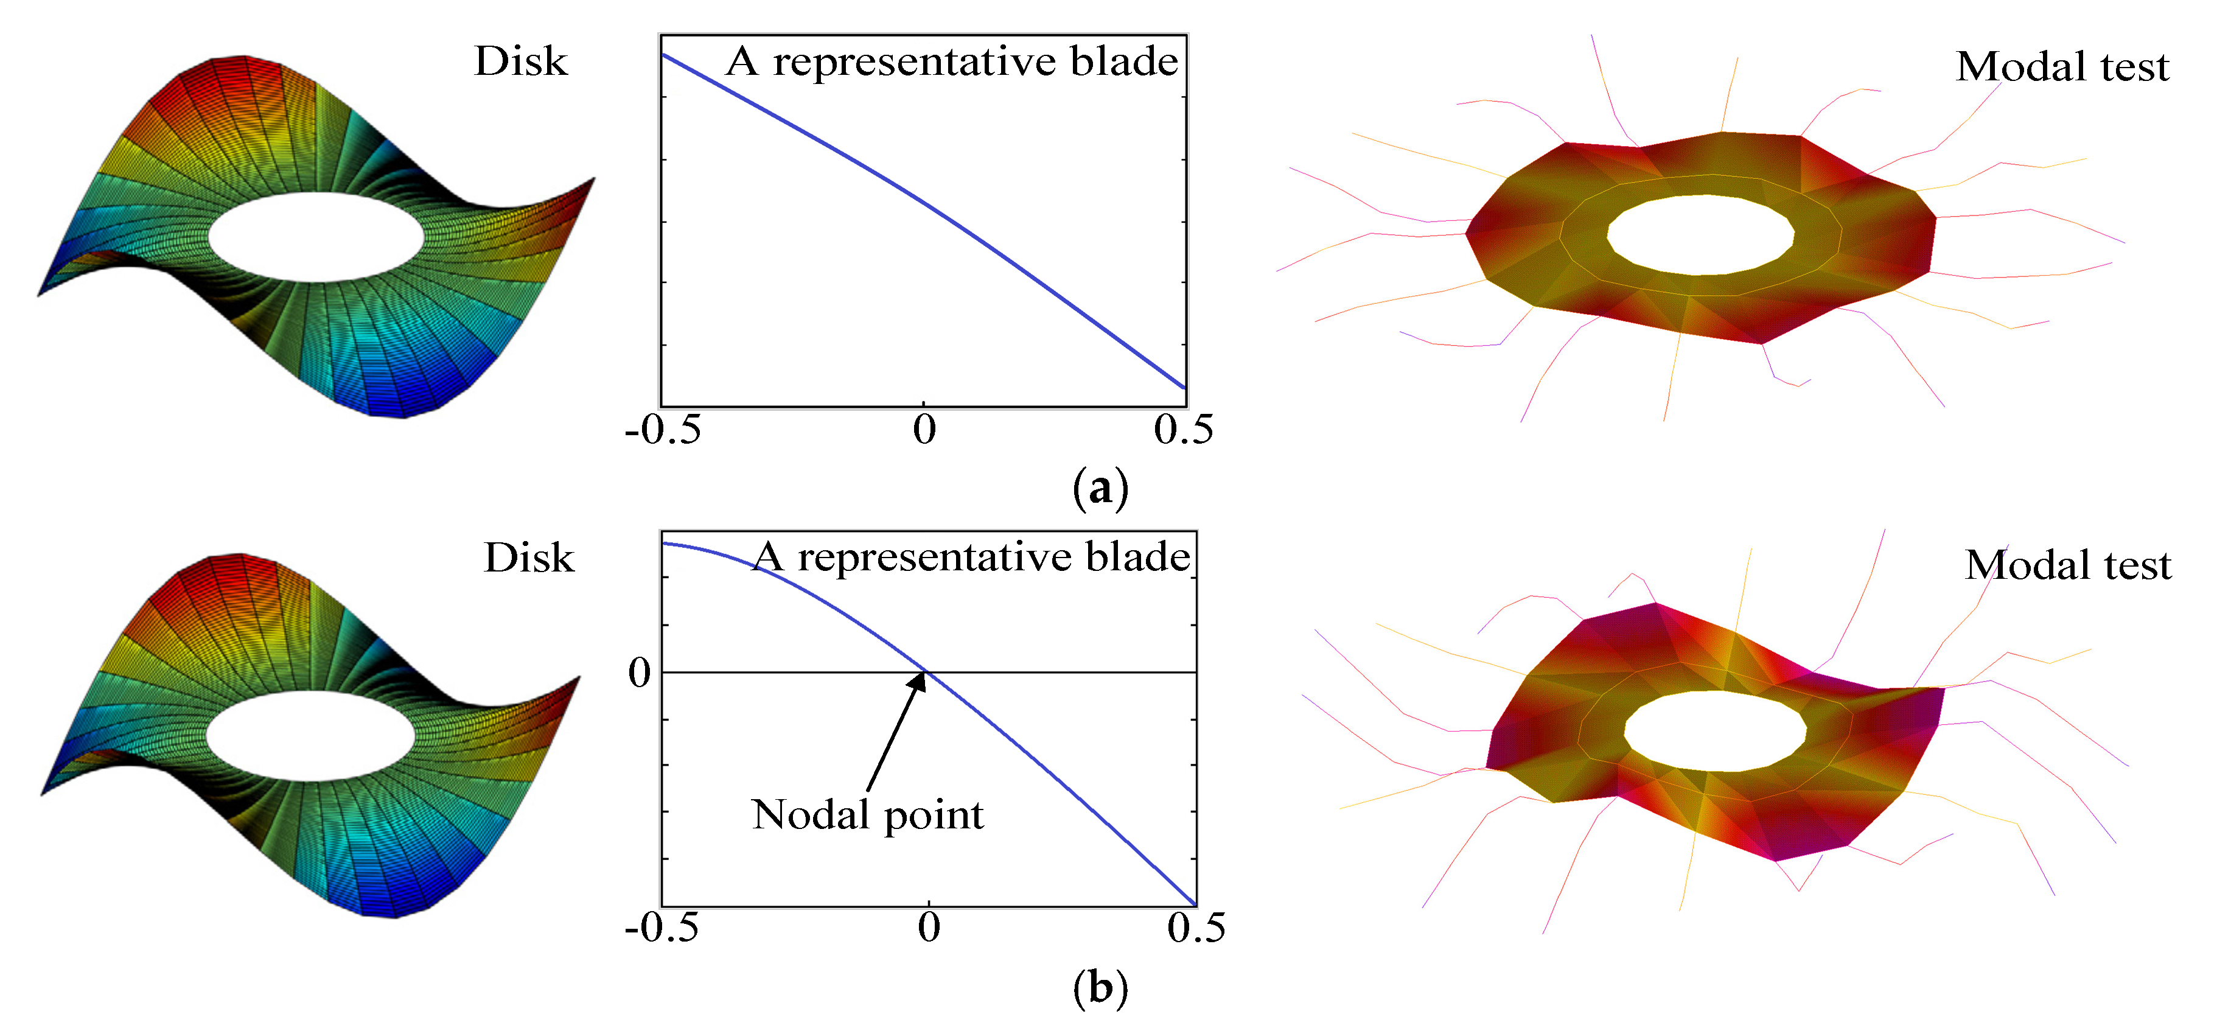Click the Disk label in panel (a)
[520, 61]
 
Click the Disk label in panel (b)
[528, 558]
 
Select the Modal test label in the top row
[2062, 67]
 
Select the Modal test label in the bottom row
[2068, 565]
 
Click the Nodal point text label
[868, 815]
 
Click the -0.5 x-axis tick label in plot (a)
[663, 430]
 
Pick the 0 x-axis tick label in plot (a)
[924, 430]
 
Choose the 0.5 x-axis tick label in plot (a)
[1183, 430]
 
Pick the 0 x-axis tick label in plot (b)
[929, 928]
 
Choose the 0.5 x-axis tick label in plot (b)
[1196, 928]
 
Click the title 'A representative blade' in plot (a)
[952, 61]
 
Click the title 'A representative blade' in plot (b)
[972, 557]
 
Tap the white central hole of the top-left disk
[316, 236]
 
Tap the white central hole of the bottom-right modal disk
[1715, 731]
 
